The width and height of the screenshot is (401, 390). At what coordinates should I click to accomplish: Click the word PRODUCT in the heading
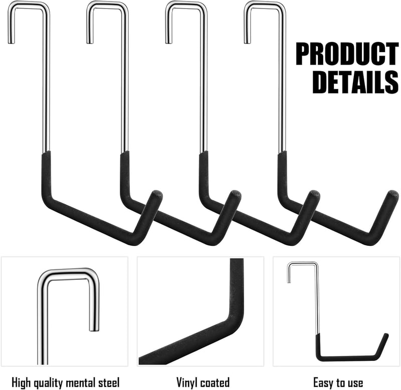pos(347,54)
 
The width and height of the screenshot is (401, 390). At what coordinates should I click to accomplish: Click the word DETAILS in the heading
pos(355,82)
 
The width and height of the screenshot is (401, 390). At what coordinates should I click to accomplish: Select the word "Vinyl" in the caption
pos(187,382)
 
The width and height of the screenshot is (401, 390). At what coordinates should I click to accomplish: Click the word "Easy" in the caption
pos(323,383)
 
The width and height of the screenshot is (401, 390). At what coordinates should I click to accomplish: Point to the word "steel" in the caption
pos(109,383)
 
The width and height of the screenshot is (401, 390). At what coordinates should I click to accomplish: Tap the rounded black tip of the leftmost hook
pos(157,195)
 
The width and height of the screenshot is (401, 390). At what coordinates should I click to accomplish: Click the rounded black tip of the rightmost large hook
pos(393,195)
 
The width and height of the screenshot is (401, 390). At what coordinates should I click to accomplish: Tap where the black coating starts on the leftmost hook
pos(46,153)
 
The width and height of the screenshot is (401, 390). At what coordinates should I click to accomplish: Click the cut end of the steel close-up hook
pos(94,330)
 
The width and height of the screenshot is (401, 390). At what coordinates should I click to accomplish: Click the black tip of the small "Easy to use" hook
pos(386,335)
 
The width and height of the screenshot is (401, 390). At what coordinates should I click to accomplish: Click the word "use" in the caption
pos(355,383)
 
